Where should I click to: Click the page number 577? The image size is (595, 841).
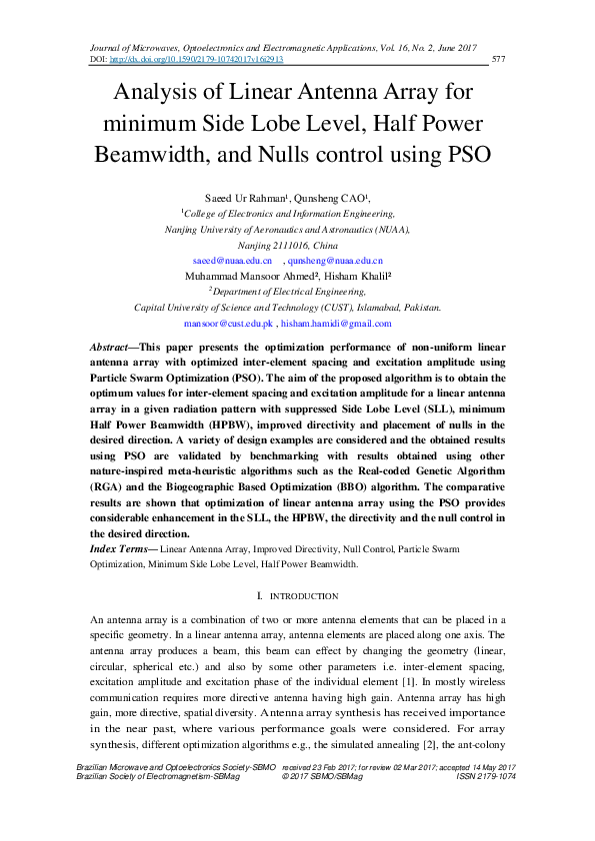click(500, 59)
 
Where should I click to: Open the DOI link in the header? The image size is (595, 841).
click(196, 59)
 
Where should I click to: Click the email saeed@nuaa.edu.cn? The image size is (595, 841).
click(232, 260)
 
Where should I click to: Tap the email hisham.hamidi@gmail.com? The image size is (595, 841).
click(336, 324)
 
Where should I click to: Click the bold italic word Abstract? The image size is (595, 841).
click(112, 345)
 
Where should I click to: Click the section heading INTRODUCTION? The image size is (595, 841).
click(301, 596)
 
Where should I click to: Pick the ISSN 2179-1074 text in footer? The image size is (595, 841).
click(485, 776)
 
